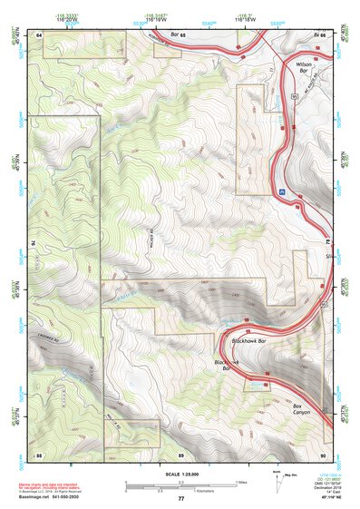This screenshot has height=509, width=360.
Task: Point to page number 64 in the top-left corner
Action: [40, 34]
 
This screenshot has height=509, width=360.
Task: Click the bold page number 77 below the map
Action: [180, 498]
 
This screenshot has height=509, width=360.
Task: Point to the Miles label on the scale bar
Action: [240, 481]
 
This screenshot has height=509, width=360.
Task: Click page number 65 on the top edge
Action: [180, 34]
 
